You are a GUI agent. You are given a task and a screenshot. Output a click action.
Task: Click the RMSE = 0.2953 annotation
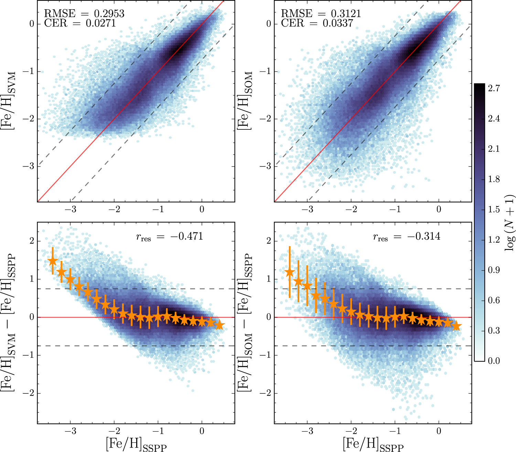[84, 13]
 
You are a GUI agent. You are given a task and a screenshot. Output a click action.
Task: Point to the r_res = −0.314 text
[406, 236]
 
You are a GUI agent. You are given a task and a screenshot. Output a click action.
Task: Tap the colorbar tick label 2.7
[494, 88]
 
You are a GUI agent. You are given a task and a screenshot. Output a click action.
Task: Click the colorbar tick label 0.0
[494, 360]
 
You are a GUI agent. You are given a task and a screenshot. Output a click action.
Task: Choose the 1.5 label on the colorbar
[494, 209]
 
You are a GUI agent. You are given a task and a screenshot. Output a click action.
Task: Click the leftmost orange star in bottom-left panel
[53, 261]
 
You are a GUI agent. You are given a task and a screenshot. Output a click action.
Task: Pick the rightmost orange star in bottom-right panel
[456, 326]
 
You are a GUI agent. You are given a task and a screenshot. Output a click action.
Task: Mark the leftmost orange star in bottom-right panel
[290, 272]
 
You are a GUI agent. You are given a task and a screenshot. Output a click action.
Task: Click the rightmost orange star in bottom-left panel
[219, 325]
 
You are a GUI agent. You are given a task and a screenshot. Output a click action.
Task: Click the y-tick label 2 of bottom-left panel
[32, 241]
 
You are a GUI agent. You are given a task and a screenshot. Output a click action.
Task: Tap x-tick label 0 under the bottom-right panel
[439, 431]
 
